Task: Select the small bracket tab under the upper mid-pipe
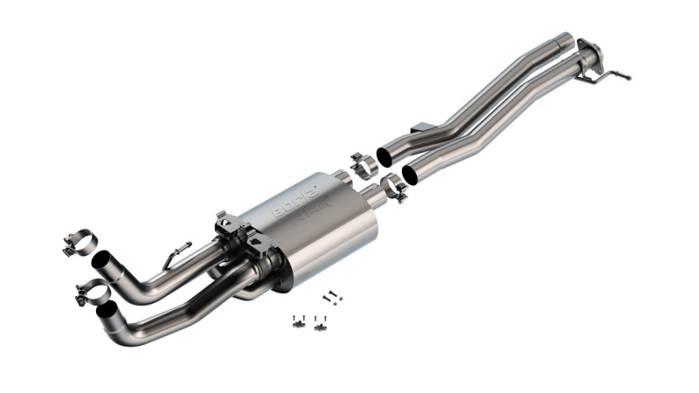point(421,128)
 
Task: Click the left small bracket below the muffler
point(298,322)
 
